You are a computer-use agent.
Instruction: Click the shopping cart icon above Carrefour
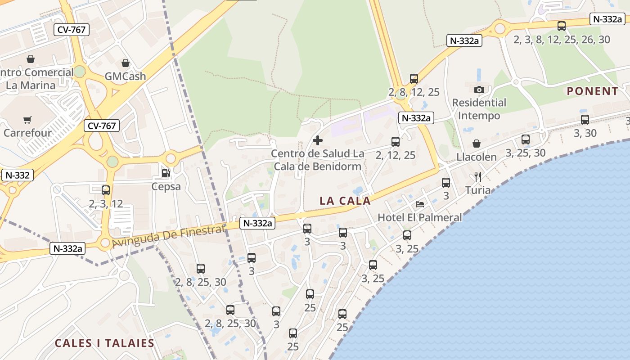click(27, 120)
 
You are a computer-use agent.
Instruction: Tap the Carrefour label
click(27, 133)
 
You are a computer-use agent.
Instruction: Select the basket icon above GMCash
click(126, 63)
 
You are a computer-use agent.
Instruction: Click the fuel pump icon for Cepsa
click(166, 173)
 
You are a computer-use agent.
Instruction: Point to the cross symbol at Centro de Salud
click(318, 140)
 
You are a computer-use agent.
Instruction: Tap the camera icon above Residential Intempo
click(479, 90)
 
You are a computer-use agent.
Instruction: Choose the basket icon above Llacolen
click(477, 144)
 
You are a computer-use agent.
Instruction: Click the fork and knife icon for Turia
click(478, 177)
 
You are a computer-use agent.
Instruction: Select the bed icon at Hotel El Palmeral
click(420, 204)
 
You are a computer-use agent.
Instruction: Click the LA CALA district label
click(345, 201)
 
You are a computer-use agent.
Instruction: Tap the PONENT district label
click(592, 91)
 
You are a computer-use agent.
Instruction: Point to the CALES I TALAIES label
click(104, 343)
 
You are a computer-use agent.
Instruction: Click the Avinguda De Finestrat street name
click(168, 237)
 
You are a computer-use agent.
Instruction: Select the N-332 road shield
click(17, 175)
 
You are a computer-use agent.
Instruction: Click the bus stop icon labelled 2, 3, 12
click(106, 190)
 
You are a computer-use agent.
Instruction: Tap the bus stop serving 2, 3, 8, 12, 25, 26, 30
click(562, 26)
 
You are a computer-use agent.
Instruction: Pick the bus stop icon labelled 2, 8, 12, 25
click(414, 79)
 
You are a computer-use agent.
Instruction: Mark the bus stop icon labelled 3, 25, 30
click(526, 139)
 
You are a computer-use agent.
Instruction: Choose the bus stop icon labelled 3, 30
click(585, 120)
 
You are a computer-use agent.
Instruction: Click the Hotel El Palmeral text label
click(419, 217)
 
